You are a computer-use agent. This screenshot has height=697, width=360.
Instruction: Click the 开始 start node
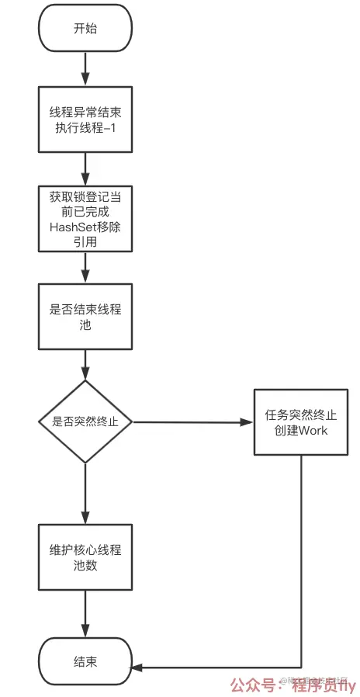coord(85,29)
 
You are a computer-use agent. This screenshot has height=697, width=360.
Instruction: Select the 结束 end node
coord(85,662)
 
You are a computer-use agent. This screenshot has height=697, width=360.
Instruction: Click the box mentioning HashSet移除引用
coord(85,219)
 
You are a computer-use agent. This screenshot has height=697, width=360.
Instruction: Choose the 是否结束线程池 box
coord(85,316)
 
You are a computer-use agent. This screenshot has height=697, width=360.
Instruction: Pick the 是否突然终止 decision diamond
coord(85,422)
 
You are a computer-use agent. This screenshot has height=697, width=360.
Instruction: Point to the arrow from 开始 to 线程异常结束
coord(85,69)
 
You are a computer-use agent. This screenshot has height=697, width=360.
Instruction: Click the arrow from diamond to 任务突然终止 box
coord(194,422)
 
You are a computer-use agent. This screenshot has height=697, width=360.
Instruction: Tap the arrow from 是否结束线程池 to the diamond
coord(85,365)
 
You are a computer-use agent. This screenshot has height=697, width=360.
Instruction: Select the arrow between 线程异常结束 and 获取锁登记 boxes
coord(85,168)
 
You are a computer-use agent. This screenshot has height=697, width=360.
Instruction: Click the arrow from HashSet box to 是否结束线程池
coord(85,268)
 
